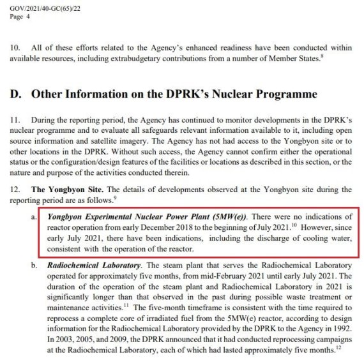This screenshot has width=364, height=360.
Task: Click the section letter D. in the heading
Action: tap(15, 94)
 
